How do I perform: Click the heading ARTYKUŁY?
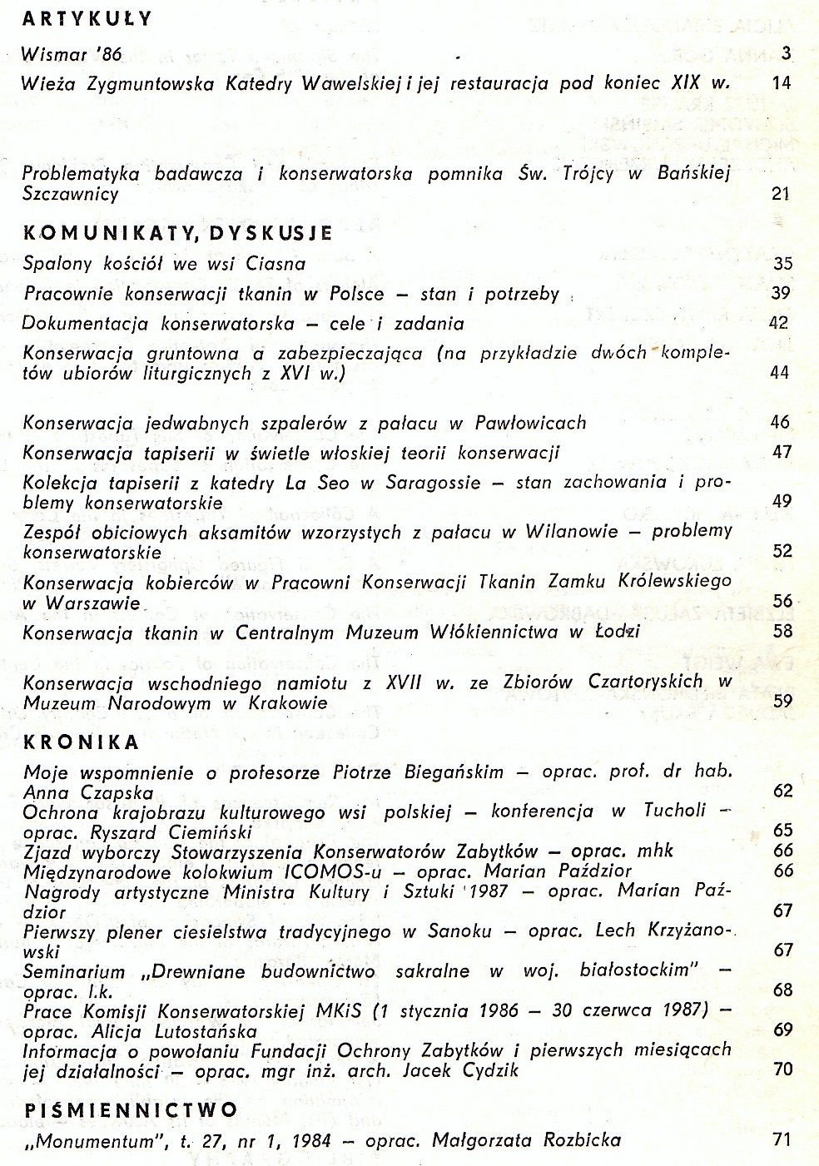point(87,18)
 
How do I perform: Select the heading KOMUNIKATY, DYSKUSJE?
point(177,233)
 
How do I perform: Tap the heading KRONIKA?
point(82,741)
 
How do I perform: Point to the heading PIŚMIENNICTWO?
point(131,1109)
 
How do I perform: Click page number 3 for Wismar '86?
point(786,54)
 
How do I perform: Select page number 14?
point(781,82)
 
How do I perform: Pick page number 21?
point(781,194)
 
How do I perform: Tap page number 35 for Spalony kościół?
point(782,264)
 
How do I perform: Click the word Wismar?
point(54,55)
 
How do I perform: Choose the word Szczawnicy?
point(71,194)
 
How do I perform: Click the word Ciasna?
point(275,264)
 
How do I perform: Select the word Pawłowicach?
point(530,423)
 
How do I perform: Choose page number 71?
point(782,1139)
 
